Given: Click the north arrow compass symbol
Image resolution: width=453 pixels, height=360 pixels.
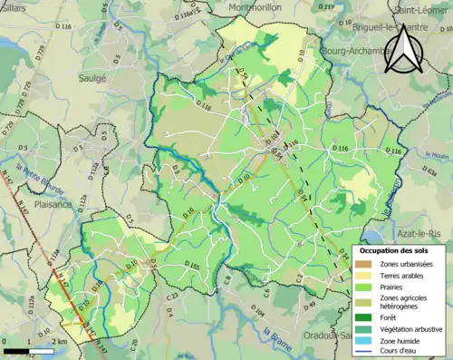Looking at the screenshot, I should click(x=402, y=50).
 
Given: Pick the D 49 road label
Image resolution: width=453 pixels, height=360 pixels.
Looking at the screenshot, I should click(x=310, y=304).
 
